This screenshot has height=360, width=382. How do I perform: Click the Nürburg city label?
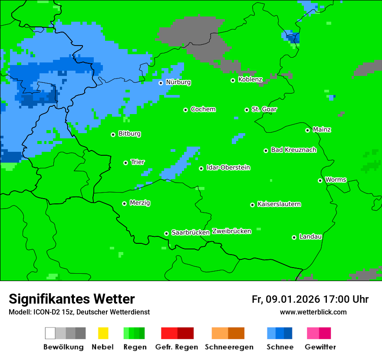[x=178, y=82]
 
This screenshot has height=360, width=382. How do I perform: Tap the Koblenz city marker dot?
[x=233, y=80]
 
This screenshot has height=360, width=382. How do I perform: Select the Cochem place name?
[x=203, y=109]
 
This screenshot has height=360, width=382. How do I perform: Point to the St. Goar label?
[x=264, y=109]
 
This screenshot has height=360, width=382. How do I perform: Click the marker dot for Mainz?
[x=308, y=130]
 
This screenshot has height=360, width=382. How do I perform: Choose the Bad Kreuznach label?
[x=293, y=150]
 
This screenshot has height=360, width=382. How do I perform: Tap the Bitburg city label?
[x=129, y=134]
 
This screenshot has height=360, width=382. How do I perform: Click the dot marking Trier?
[x=126, y=163]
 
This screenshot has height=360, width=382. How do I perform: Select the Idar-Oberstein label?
[x=228, y=167]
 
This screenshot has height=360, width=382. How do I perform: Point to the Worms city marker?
[x=320, y=180]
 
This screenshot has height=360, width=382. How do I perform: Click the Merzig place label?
[x=140, y=203]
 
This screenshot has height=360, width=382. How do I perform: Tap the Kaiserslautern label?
[x=279, y=204]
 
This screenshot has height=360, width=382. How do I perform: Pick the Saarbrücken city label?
[x=191, y=232]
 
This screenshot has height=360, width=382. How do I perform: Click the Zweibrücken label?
[x=232, y=231]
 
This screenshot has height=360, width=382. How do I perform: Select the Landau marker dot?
[x=294, y=237]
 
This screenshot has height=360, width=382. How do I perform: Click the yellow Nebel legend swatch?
[x=103, y=333]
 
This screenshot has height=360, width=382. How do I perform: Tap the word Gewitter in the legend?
[x=320, y=347]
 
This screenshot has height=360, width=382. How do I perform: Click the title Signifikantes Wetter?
[x=72, y=299]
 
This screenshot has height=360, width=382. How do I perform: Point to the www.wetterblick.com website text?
[x=313, y=312]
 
